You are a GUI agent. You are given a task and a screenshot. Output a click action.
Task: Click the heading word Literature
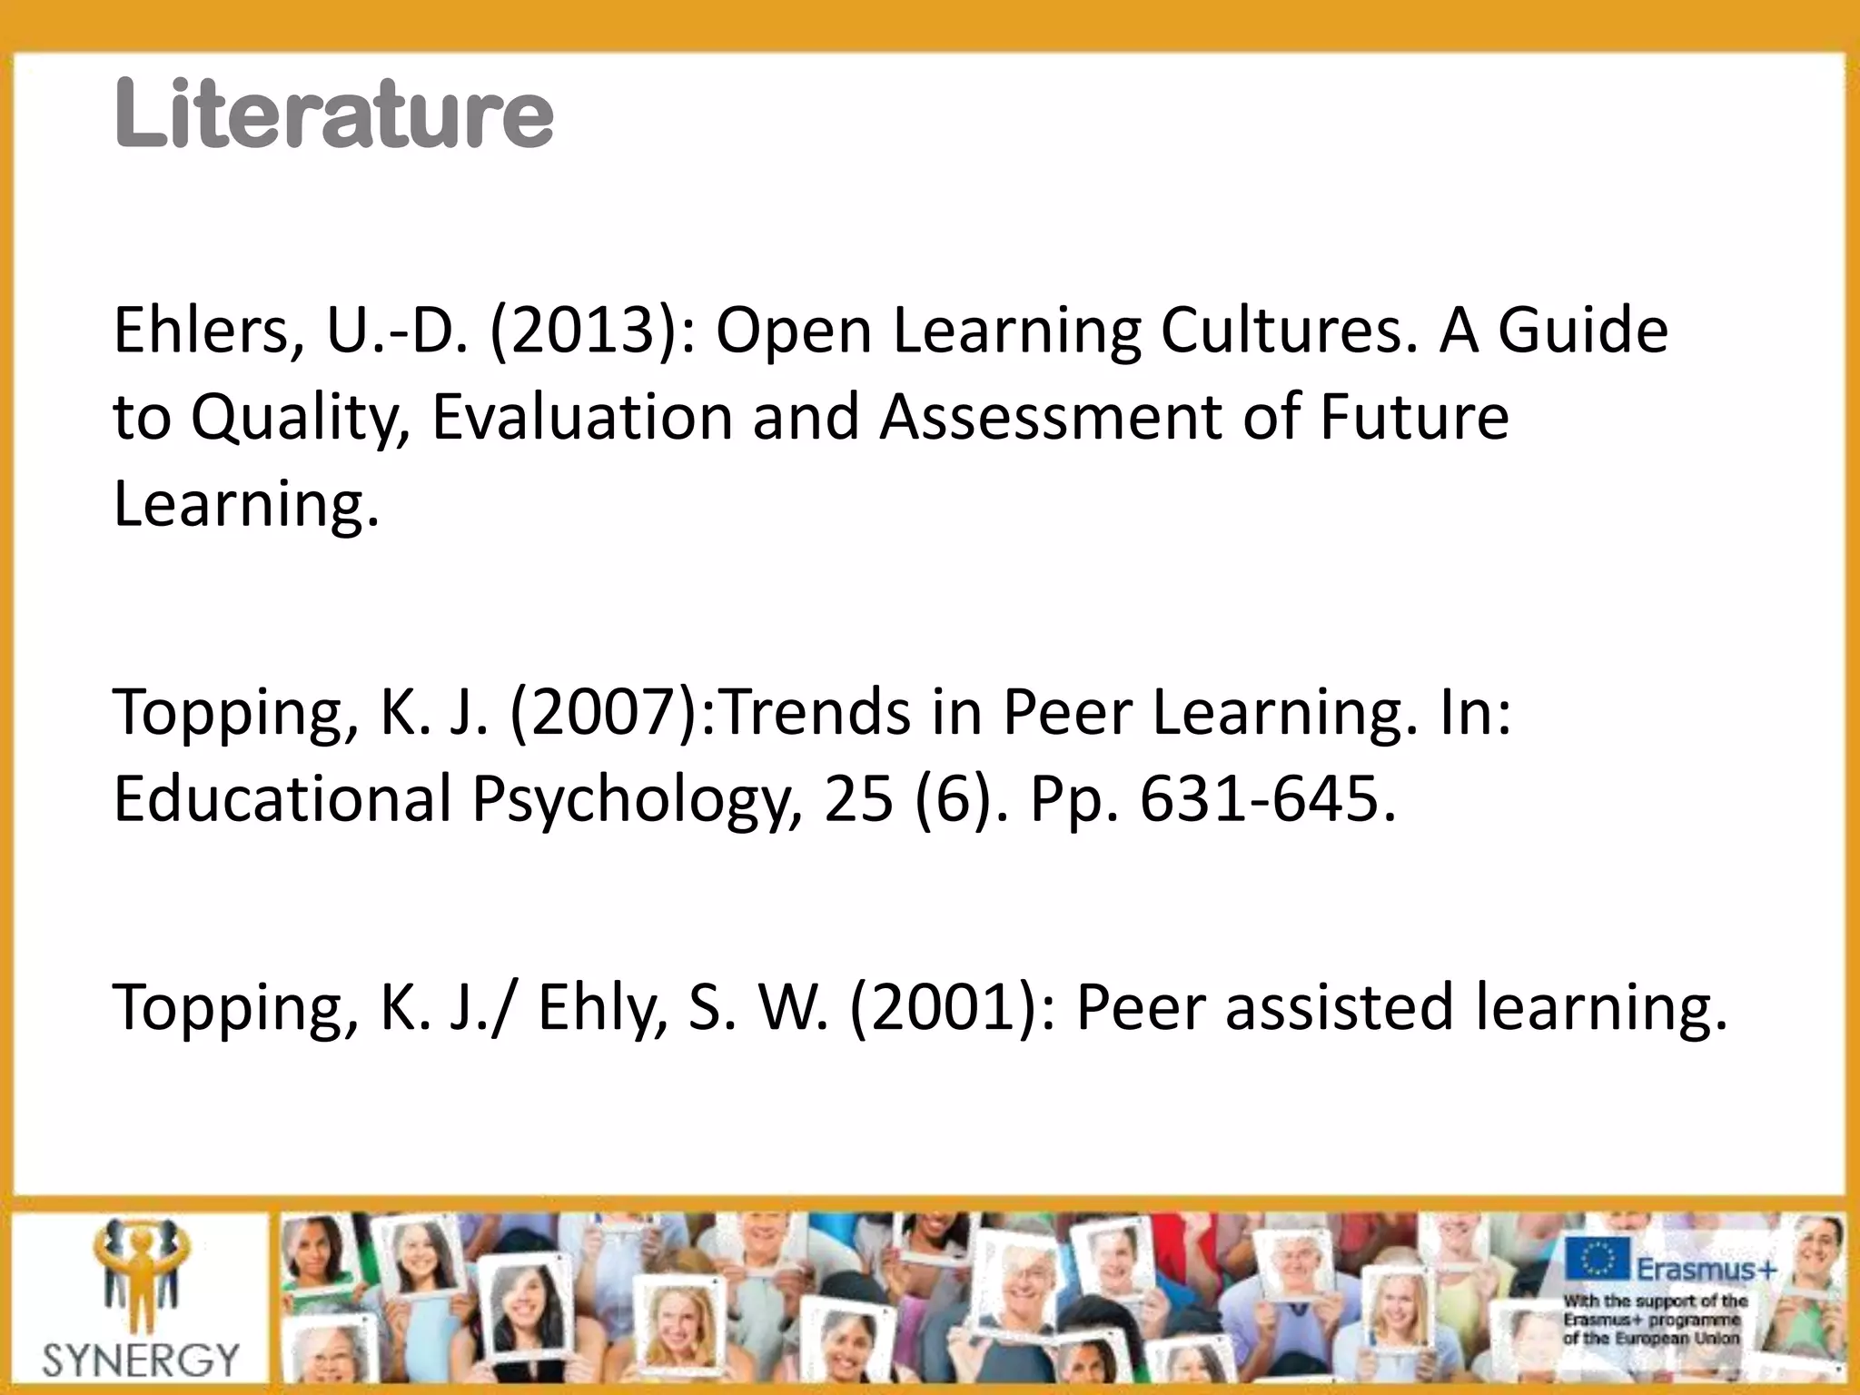333,114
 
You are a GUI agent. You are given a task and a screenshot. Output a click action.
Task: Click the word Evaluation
581,417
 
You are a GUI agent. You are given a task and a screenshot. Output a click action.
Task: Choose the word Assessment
1051,417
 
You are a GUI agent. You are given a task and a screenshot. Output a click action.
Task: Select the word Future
1413,417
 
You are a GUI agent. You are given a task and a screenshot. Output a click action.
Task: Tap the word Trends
815,713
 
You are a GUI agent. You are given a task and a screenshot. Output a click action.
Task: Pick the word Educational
282,799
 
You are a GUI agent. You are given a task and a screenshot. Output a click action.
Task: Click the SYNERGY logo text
141,1360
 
